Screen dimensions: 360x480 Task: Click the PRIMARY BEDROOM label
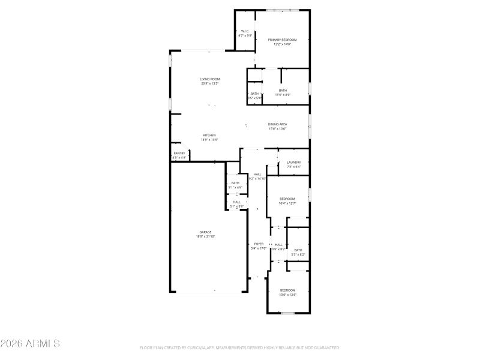click(282, 40)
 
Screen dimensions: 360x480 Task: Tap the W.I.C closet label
click(245, 31)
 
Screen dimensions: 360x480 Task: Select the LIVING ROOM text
click(210, 79)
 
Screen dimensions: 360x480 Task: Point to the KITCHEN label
click(209, 135)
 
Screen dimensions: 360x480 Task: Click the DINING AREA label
click(277, 124)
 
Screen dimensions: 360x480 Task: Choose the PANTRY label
click(179, 154)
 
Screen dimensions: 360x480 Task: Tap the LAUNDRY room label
click(293, 162)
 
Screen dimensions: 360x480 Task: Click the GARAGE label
click(205, 232)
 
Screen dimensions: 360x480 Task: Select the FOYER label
click(259, 244)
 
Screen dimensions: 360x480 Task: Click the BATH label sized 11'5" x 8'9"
click(283, 91)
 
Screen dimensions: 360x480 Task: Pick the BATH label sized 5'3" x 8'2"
click(298, 250)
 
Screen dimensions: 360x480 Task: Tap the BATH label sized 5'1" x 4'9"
click(235, 183)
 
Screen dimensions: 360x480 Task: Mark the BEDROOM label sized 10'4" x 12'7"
click(287, 199)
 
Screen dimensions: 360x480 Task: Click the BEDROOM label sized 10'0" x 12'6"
click(287, 290)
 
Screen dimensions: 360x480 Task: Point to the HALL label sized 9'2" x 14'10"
click(257, 174)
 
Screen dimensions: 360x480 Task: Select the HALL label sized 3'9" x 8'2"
click(278, 244)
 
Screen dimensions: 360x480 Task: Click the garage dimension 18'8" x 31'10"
click(205, 236)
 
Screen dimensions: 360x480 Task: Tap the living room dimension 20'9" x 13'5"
click(210, 83)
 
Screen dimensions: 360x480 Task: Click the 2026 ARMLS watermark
click(30, 344)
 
